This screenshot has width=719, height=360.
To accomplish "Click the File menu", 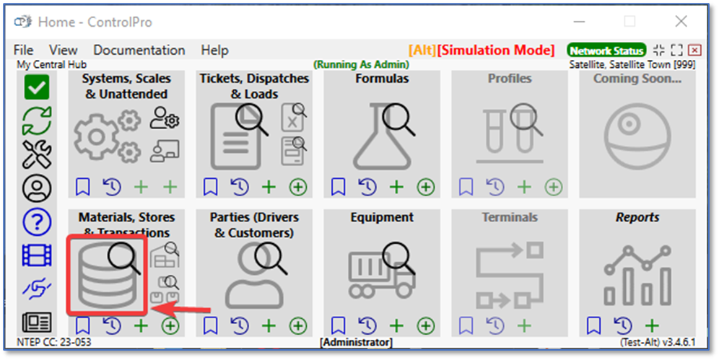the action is [23, 50].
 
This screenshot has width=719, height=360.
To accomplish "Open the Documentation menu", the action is [139, 50].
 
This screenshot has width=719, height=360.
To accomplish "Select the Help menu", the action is [214, 50].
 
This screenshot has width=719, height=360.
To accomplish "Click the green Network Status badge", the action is [606, 51].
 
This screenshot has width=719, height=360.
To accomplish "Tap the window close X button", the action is [681, 21].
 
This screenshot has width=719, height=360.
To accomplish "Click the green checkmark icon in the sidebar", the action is [37, 87].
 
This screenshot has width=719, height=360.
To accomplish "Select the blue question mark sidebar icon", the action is [37, 222].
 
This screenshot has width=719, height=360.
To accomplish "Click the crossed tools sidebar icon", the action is [37, 154].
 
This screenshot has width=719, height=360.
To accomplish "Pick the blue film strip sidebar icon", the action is [37, 255].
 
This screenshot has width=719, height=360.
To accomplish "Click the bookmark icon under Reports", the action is [594, 325].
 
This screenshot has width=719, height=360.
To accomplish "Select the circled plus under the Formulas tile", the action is [425, 187].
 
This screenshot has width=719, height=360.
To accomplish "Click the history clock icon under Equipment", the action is [367, 325].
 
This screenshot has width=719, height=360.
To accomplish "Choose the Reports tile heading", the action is [637, 218].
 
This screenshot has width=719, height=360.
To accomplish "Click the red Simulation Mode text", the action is [496, 50].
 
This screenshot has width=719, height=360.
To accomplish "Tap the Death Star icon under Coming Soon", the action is [637, 136].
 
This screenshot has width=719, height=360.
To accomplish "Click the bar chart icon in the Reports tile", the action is [637, 276].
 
